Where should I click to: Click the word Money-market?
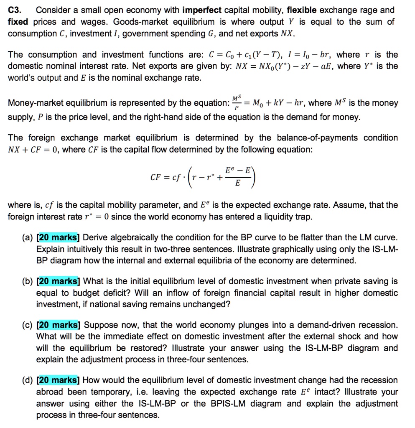[x=35, y=103]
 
